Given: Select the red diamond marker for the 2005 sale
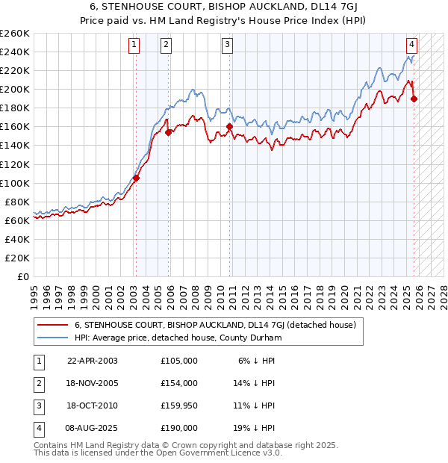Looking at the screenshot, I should pyautogui.click(x=169, y=132).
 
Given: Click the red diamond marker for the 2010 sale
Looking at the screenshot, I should pyautogui.click(x=229, y=127).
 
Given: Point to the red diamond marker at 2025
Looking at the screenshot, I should pyautogui.click(x=414, y=99).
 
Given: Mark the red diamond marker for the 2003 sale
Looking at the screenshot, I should pyautogui.click(x=136, y=178).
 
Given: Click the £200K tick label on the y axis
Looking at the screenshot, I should pyautogui.click(x=15, y=89).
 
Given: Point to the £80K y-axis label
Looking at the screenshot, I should pyautogui.click(x=17, y=202).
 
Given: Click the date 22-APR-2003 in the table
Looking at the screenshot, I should pyautogui.click(x=93, y=361).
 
